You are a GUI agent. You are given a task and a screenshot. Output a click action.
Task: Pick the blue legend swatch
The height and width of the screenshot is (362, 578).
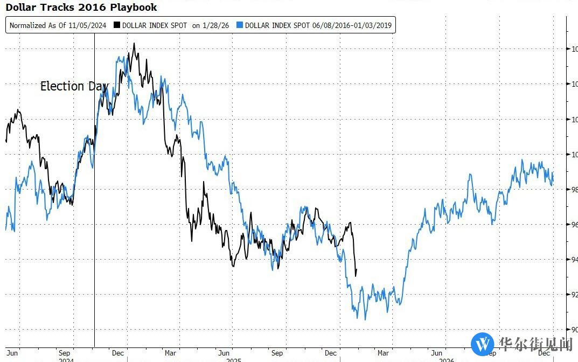coord(240,25)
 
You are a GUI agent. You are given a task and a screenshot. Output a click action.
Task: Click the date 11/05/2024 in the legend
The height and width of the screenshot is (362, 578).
coord(87,25)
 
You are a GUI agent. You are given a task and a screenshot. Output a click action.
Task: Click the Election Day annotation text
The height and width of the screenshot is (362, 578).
coord(74,86)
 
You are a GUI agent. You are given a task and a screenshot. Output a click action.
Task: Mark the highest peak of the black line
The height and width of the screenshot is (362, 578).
coord(134,44)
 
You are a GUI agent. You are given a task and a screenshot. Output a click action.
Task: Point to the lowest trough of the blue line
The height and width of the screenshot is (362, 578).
coord(365,319)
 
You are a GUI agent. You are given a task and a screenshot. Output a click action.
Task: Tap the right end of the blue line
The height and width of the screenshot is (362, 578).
coord(553,180)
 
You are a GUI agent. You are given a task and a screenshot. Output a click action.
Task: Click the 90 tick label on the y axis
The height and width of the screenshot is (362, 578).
coord(574,330)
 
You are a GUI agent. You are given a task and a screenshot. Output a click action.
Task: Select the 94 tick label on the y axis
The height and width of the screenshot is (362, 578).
coord(574,260)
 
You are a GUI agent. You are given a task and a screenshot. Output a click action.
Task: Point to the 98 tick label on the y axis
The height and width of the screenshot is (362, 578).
coord(574,190)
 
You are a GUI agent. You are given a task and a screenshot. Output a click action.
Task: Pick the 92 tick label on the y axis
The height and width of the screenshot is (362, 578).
coord(574,295)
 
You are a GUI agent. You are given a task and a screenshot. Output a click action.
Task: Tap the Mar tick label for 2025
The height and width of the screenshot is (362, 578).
coord(170,353)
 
